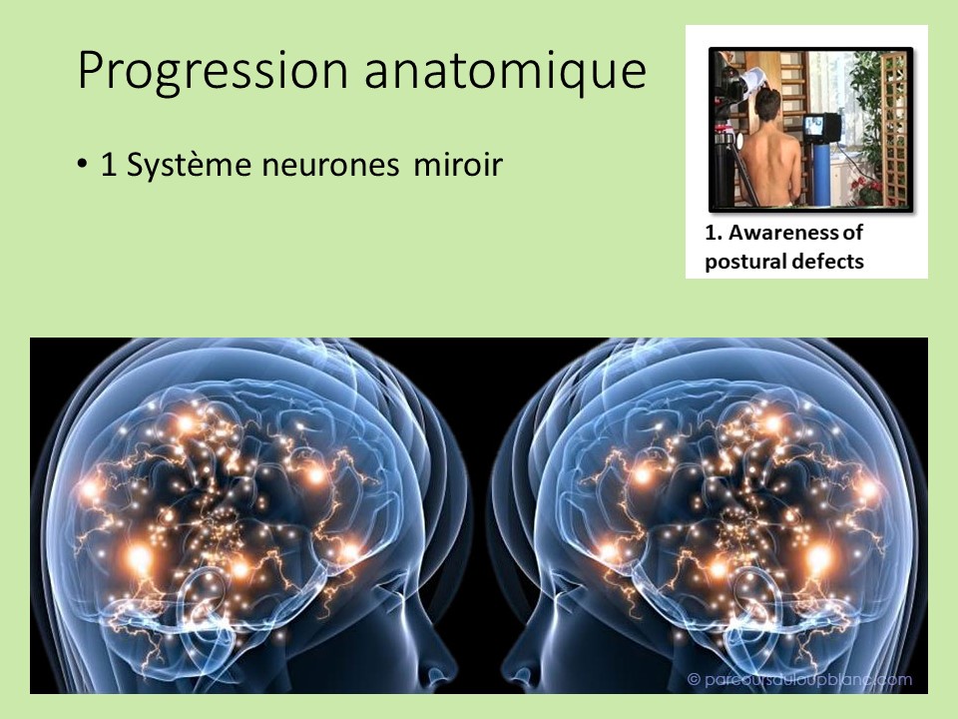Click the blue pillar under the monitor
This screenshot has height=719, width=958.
[x=820, y=175]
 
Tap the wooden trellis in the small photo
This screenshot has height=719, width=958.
[x=893, y=120]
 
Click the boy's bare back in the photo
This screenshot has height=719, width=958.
[x=768, y=160]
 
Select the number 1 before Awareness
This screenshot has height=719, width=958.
[x=710, y=233]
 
